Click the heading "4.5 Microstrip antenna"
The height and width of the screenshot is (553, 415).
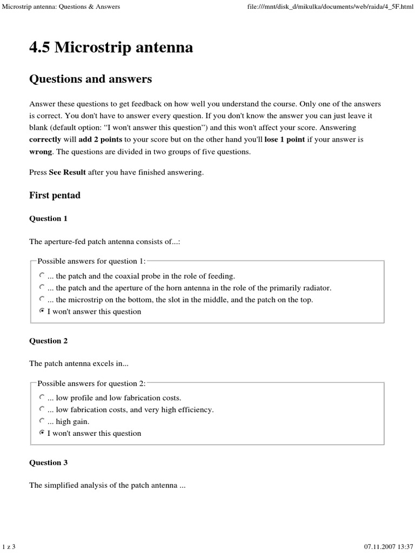coord(111,48)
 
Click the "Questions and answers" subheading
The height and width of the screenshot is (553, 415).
coord(90,79)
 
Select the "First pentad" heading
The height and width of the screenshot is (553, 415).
coord(55,195)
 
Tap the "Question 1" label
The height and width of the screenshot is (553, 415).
coord(49,219)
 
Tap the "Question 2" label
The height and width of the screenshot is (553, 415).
coord(49,341)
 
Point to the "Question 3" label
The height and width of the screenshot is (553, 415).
coord(49,463)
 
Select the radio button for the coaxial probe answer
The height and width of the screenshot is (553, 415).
coord(42,275)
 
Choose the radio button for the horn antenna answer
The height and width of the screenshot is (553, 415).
coord(42,287)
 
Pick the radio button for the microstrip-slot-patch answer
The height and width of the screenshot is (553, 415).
coord(42,299)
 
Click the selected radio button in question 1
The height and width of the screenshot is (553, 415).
coord(42,311)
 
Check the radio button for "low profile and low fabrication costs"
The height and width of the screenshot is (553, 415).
coord(42,397)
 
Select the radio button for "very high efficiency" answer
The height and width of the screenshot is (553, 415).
coord(42,409)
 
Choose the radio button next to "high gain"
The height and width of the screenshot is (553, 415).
coord(42,421)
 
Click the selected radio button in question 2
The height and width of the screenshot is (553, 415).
coord(42,433)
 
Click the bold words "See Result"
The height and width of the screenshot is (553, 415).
coord(67,173)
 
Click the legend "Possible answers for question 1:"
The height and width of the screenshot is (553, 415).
coord(91,261)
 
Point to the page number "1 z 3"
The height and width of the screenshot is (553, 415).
coord(9,547)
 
